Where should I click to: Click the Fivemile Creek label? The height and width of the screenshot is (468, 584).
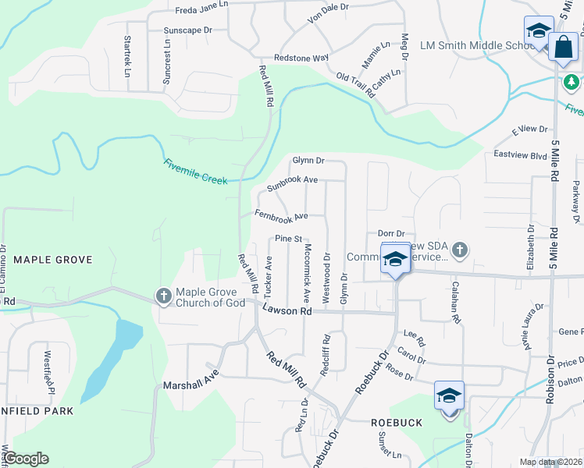coord(195,172)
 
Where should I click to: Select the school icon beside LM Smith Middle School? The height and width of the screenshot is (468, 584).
coord(539,32)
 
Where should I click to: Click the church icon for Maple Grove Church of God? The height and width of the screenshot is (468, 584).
coord(164,296)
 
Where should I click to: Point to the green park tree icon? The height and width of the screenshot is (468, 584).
coord(572,80)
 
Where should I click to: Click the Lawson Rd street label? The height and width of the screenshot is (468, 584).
coord(287,310)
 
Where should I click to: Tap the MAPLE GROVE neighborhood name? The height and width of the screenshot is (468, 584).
coord(53,260)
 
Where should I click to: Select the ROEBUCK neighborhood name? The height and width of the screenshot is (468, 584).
coord(396,422)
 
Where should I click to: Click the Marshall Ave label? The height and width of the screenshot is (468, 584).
coord(191,385)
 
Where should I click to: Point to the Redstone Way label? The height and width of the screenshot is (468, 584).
coord(301,58)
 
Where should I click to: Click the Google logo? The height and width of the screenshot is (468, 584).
coord(26,459)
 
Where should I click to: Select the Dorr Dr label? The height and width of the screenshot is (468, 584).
coord(390,233)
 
